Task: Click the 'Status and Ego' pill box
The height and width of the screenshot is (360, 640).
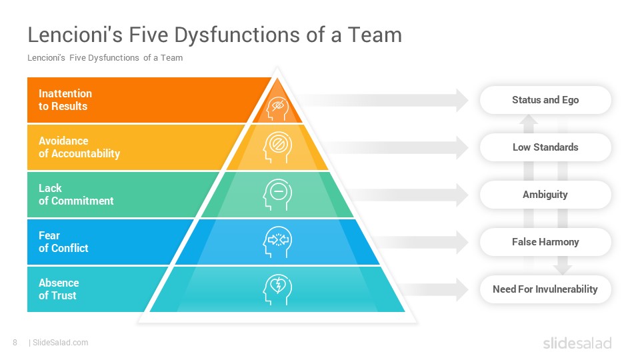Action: [545, 100]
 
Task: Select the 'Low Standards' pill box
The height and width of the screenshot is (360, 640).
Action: [545, 147]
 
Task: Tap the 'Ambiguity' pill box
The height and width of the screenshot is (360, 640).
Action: [545, 195]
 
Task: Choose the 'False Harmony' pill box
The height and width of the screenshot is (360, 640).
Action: [545, 242]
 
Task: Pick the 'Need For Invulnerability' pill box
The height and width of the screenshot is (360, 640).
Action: [545, 289]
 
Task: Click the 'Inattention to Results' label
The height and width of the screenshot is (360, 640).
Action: [65, 100]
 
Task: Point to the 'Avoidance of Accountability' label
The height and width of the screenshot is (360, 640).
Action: [79, 147]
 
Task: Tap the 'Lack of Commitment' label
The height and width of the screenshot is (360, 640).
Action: [76, 195]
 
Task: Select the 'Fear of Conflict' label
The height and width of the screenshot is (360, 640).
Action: [63, 242]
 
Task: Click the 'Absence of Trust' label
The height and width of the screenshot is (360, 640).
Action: [59, 289]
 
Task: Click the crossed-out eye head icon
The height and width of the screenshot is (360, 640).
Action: [277, 108]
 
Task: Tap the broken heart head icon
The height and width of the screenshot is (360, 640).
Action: [277, 289]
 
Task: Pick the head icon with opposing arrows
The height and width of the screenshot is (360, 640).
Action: [277, 242]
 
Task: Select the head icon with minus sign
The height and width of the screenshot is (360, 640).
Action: [277, 195]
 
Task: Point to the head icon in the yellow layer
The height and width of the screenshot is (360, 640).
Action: [277, 147]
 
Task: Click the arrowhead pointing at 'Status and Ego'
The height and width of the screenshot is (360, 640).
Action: [462, 100]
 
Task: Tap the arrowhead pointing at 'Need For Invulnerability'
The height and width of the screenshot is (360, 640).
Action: [462, 289]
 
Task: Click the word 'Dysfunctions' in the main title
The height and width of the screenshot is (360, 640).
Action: [237, 35]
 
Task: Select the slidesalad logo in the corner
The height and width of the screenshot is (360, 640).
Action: [577, 343]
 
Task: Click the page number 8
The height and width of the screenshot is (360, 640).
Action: [15, 343]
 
